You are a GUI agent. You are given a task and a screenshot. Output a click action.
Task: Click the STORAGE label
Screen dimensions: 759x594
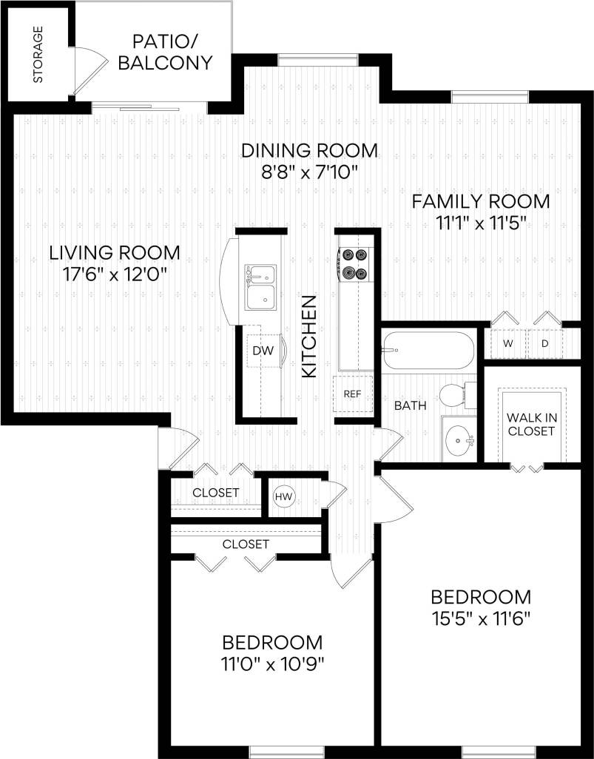[x=38, y=55]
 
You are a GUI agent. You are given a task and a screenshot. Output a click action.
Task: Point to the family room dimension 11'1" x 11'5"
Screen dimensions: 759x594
[x=481, y=223]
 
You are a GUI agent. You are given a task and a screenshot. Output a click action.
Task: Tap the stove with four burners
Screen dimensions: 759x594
[x=353, y=264]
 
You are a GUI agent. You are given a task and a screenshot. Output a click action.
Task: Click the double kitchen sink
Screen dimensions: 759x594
[x=261, y=286]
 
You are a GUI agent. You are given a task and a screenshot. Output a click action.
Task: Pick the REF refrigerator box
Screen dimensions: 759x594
[x=352, y=394]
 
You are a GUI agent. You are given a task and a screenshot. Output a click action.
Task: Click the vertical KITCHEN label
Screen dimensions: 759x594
[x=310, y=337]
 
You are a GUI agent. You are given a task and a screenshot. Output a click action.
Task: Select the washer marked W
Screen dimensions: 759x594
[x=508, y=343]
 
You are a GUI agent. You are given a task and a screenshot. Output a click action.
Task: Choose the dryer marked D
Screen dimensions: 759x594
[x=545, y=343]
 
